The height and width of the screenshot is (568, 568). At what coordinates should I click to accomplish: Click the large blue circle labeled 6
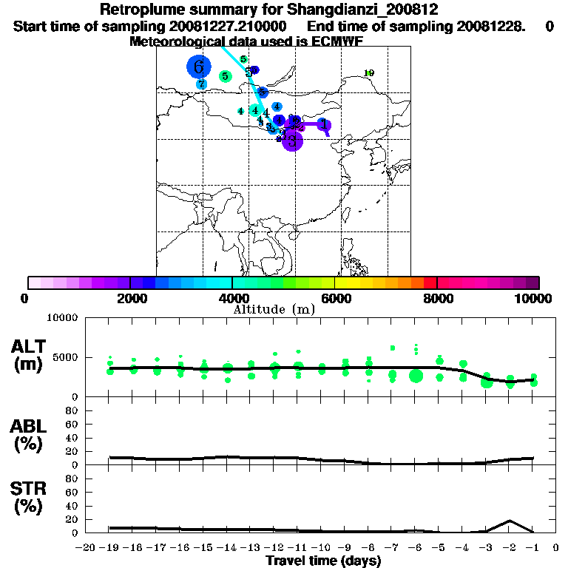click(198, 67)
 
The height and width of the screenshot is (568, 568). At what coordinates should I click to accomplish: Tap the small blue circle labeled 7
click(201, 84)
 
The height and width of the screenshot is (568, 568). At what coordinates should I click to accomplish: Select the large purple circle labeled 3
click(293, 141)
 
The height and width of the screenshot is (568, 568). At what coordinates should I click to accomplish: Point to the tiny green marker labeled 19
click(369, 72)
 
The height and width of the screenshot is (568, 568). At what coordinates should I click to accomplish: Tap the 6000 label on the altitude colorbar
click(334, 298)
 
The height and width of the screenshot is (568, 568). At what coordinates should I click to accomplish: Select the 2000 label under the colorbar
click(130, 298)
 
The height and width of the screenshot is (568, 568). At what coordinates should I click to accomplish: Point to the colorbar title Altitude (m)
click(274, 309)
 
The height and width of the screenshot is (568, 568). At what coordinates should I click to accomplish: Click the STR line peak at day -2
click(510, 521)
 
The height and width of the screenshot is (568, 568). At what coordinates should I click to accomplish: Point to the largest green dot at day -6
click(416, 376)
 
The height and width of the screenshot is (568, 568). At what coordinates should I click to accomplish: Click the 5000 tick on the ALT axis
click(66, 356)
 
